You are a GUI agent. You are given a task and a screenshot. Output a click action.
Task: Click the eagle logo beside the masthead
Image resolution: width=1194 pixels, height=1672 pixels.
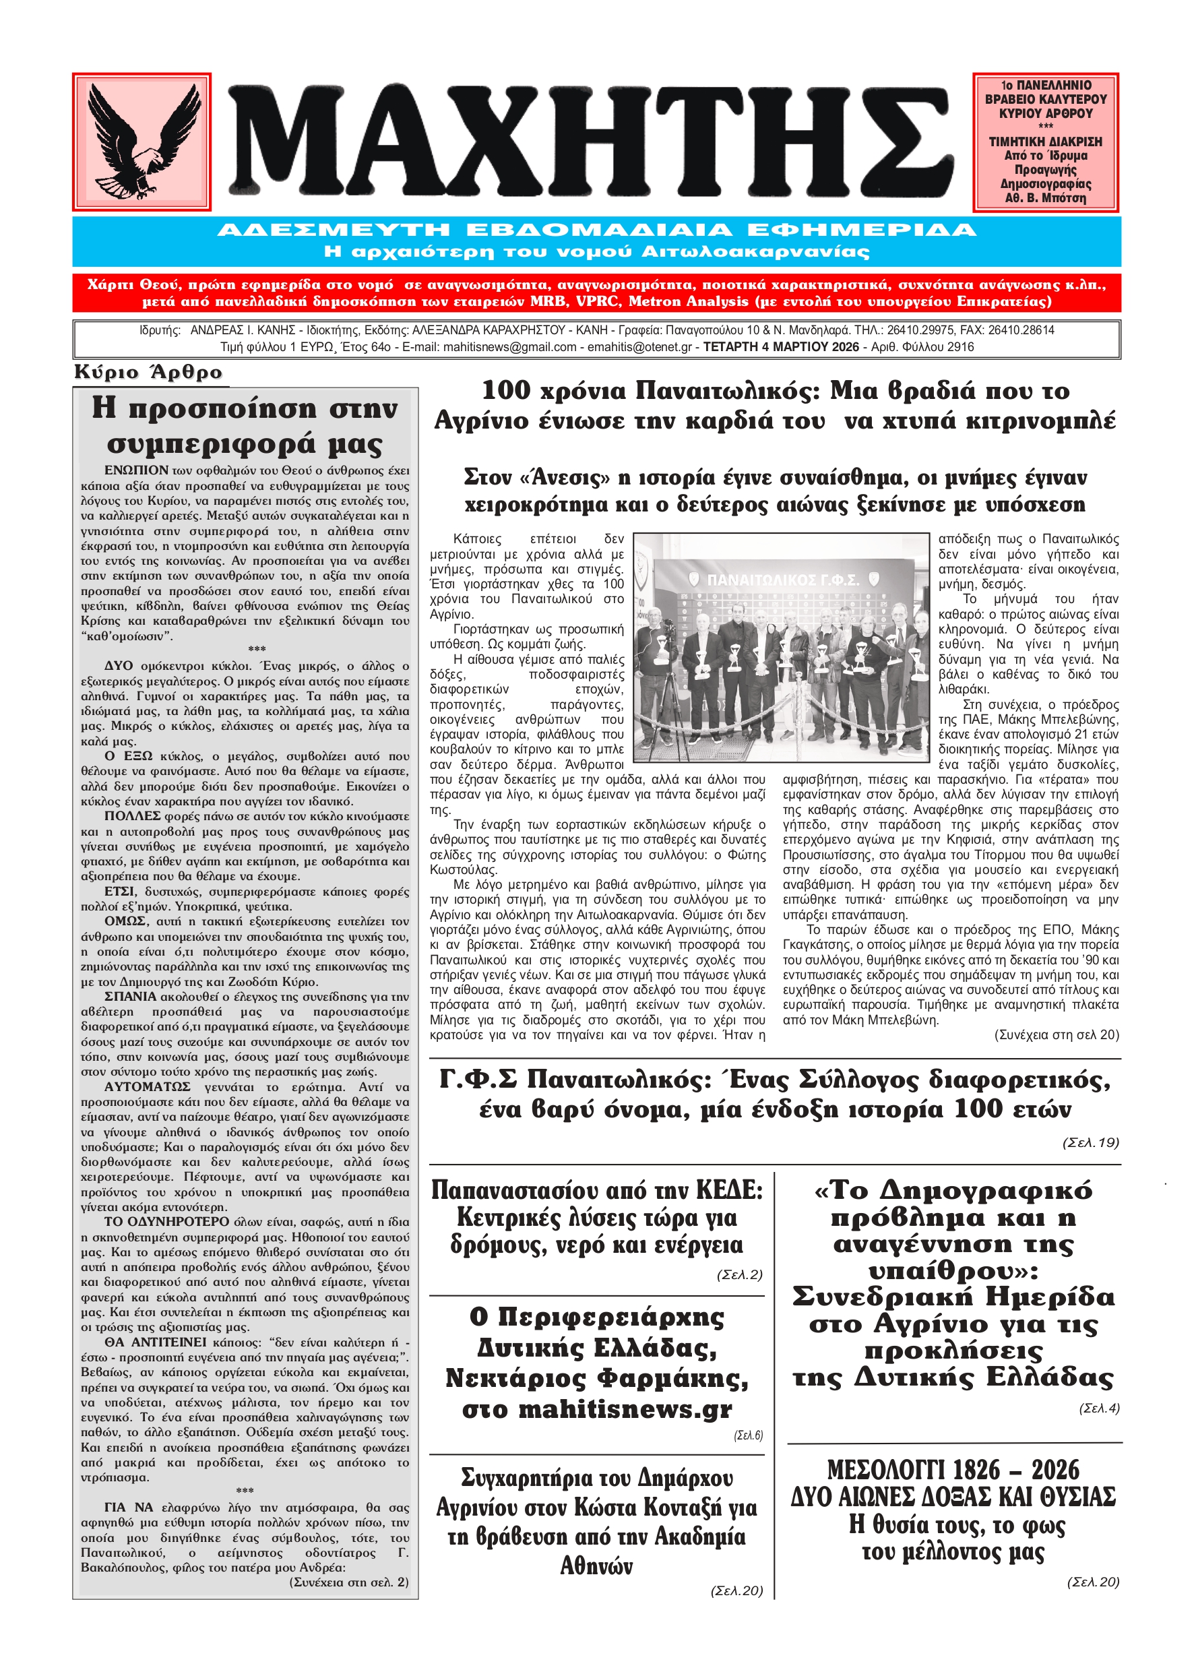point(141,141)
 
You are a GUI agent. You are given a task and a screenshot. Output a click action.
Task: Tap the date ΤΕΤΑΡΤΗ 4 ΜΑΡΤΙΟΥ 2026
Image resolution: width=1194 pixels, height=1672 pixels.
point(781,346)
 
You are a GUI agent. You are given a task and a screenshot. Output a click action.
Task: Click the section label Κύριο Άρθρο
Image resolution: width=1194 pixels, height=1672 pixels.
point(148,372)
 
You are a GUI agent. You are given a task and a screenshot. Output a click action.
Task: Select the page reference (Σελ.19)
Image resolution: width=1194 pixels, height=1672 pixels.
point(1090,1142)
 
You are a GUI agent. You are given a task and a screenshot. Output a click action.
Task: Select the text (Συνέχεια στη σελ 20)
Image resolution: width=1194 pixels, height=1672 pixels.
point(1056,1034)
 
